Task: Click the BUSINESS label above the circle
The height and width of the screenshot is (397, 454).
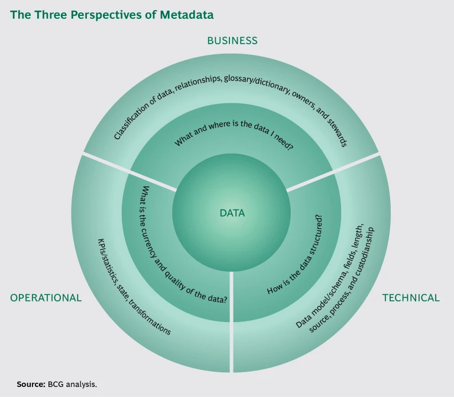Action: coord(232,41)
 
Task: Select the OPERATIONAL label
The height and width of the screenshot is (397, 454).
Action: coord(46,298)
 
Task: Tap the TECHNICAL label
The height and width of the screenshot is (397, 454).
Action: coord(411,298)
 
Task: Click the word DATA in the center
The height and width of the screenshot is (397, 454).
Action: coord(232,214)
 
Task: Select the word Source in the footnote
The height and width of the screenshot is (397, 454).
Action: coord(31,384)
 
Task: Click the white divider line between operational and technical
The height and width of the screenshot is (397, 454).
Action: coord(231,319)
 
